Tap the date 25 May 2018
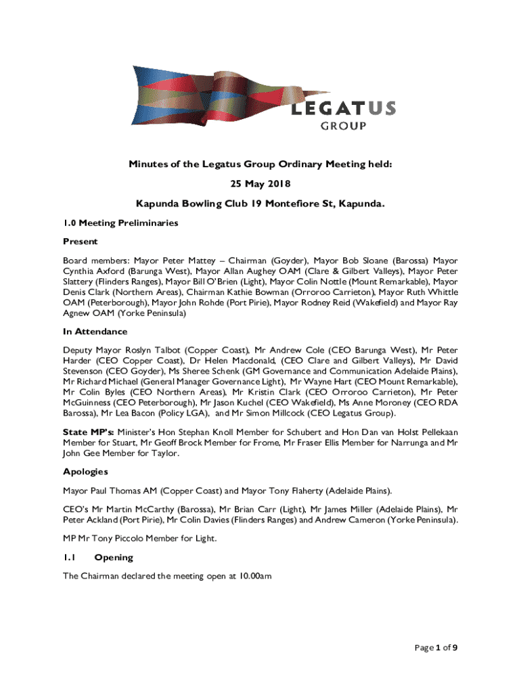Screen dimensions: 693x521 260,183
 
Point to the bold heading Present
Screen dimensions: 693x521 81,241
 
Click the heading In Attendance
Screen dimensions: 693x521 95,332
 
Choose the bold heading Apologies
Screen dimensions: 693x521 85,471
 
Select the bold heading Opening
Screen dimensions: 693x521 114,558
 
